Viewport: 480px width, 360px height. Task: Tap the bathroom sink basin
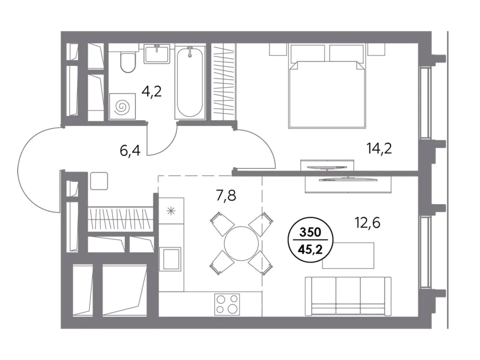click(156, 53)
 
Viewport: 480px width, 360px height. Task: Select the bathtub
click(190, 82)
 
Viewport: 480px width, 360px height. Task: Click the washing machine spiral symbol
click(122, 106)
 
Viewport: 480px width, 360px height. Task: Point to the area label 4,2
click(151, 91)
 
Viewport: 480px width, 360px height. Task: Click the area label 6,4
click(130, 150)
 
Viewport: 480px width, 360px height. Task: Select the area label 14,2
click(379, 148)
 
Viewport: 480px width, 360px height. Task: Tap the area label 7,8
click(226, 195)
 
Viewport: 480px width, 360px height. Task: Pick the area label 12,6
click(367, 222)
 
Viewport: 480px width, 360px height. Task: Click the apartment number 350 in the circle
click(310, 232)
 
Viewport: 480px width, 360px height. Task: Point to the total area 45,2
click(310, 250)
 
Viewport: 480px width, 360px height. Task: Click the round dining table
click(241, 243)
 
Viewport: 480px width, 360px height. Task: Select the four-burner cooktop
click(227, 304)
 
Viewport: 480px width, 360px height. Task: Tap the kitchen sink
click(171, 258)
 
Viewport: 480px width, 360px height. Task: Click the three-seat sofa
click(348, 295)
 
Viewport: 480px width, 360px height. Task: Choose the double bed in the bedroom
click(327, 86)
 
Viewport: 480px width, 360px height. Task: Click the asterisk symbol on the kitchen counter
click(171, 211)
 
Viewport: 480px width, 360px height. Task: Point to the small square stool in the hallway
click(99, 181)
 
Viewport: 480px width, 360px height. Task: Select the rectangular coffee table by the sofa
click(348, 255)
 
